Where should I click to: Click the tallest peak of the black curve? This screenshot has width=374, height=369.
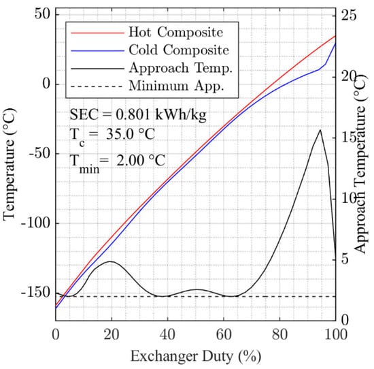(320, 129)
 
